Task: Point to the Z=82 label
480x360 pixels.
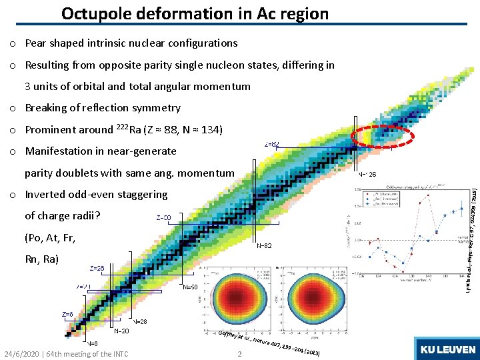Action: [272, 143]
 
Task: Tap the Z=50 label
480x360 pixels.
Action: [163, 218]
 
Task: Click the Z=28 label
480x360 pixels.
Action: [97, 269]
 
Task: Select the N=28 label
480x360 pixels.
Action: [139, 321]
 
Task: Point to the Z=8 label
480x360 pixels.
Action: [67, 314]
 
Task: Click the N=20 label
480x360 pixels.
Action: [121, 331]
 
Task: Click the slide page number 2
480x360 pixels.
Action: [239, 353]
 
